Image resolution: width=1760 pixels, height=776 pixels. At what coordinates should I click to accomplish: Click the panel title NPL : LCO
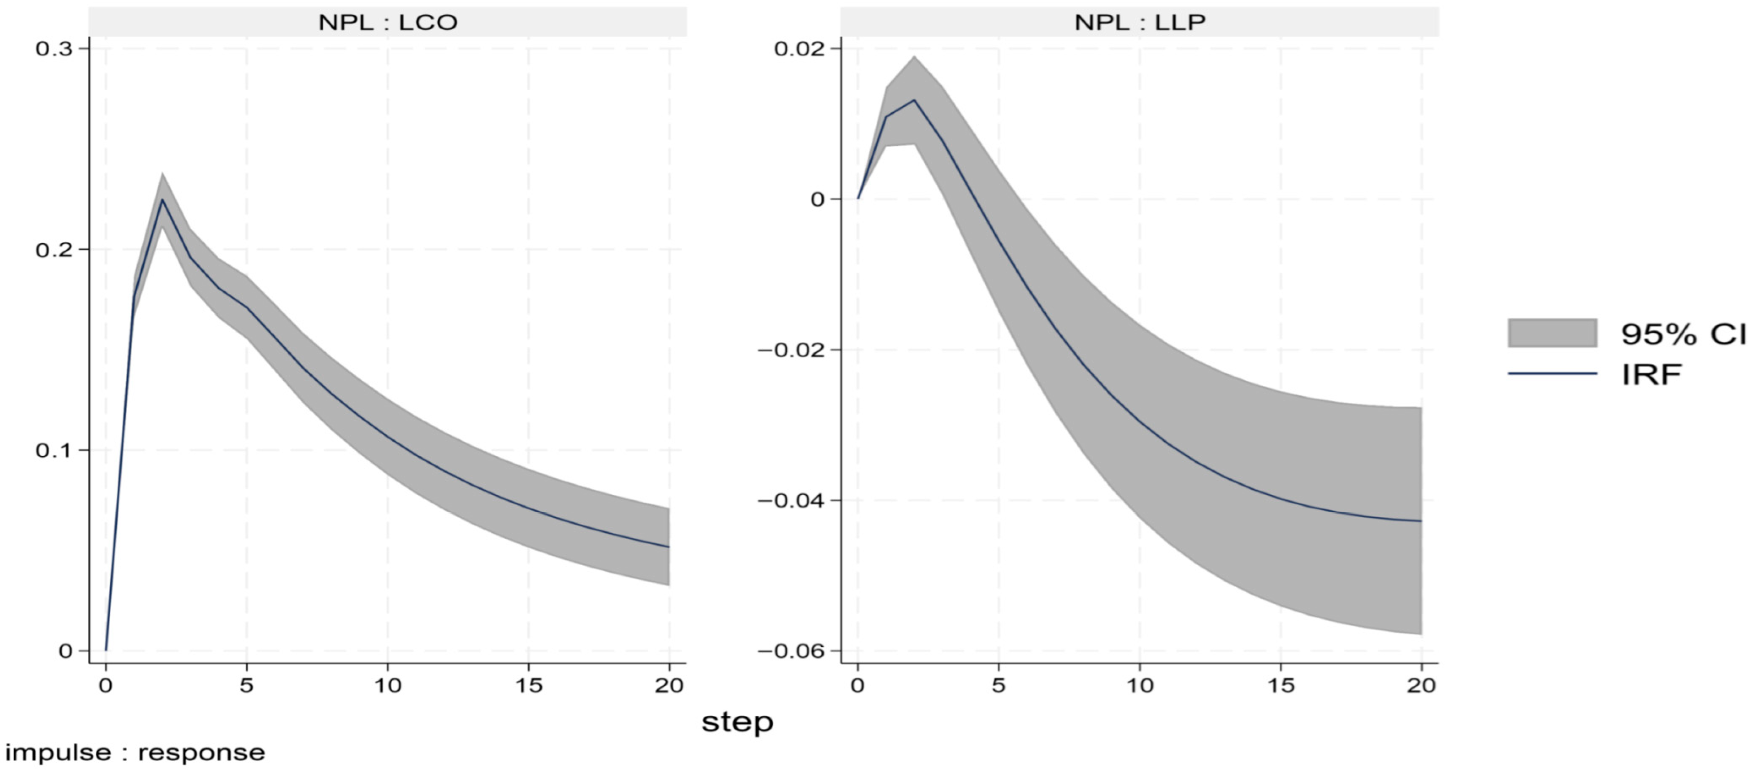(x=388, y=23)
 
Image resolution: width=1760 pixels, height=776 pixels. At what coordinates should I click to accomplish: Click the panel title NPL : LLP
(x=1139, y=23)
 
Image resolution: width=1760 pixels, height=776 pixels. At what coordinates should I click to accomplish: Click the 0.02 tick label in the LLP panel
(x=798, y=49)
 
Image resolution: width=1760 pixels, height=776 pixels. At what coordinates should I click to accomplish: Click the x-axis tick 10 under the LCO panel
(x=388, y=686)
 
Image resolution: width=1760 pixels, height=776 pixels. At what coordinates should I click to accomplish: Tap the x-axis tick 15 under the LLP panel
(x=1280, y=686)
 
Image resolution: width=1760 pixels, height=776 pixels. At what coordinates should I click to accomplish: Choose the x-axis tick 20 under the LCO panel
(x=669, y=686)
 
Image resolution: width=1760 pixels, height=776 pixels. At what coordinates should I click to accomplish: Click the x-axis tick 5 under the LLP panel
(x=998, y=686)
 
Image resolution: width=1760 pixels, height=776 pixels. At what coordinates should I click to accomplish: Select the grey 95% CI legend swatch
(x=1552, y=333)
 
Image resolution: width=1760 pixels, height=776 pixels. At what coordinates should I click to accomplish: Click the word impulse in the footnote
(x=57, y=753)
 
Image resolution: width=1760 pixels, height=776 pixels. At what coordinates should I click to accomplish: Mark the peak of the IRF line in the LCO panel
(x=162, y=200)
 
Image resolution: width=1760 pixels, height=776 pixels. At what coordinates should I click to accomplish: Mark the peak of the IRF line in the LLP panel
(x=914, y=100)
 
